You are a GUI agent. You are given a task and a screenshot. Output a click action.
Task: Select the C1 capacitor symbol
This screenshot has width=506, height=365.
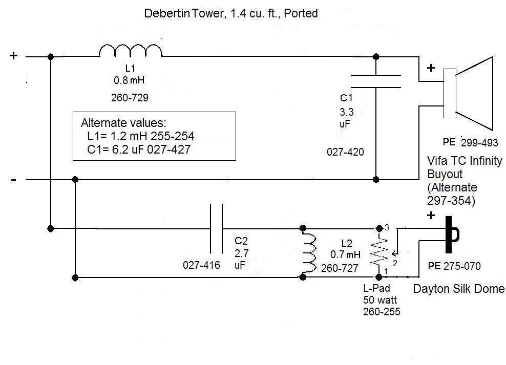coord(376,81)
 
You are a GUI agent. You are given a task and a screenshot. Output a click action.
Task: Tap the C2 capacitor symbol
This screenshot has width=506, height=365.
coord(216,228)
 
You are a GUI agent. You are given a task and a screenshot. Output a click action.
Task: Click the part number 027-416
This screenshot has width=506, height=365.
coord(201,265)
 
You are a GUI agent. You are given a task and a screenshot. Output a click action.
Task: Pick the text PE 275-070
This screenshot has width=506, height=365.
coord(454,266)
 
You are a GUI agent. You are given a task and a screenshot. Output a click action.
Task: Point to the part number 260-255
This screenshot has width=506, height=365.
coord(382,311)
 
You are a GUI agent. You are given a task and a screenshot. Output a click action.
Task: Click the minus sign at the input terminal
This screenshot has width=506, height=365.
coord(13,179)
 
